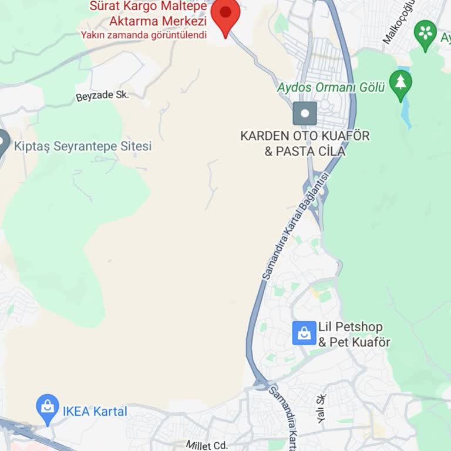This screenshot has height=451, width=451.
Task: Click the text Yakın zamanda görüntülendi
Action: click(144, 35)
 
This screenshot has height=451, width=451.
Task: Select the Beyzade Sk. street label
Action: click(102, 96)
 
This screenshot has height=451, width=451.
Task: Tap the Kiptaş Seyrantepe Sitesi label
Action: click(82, 146)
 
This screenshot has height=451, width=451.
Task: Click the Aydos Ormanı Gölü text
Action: click(331, 87)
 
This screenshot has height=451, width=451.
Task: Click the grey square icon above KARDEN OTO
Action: click(305, 113)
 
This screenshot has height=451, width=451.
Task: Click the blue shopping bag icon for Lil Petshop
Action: click(304, 334)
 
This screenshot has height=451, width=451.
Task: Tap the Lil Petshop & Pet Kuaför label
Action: click(354, 334)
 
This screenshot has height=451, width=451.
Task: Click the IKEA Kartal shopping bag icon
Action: click(47, 406)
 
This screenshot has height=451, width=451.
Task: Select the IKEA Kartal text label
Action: click(95, 412)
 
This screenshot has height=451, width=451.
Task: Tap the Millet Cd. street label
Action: click(206, 446)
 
